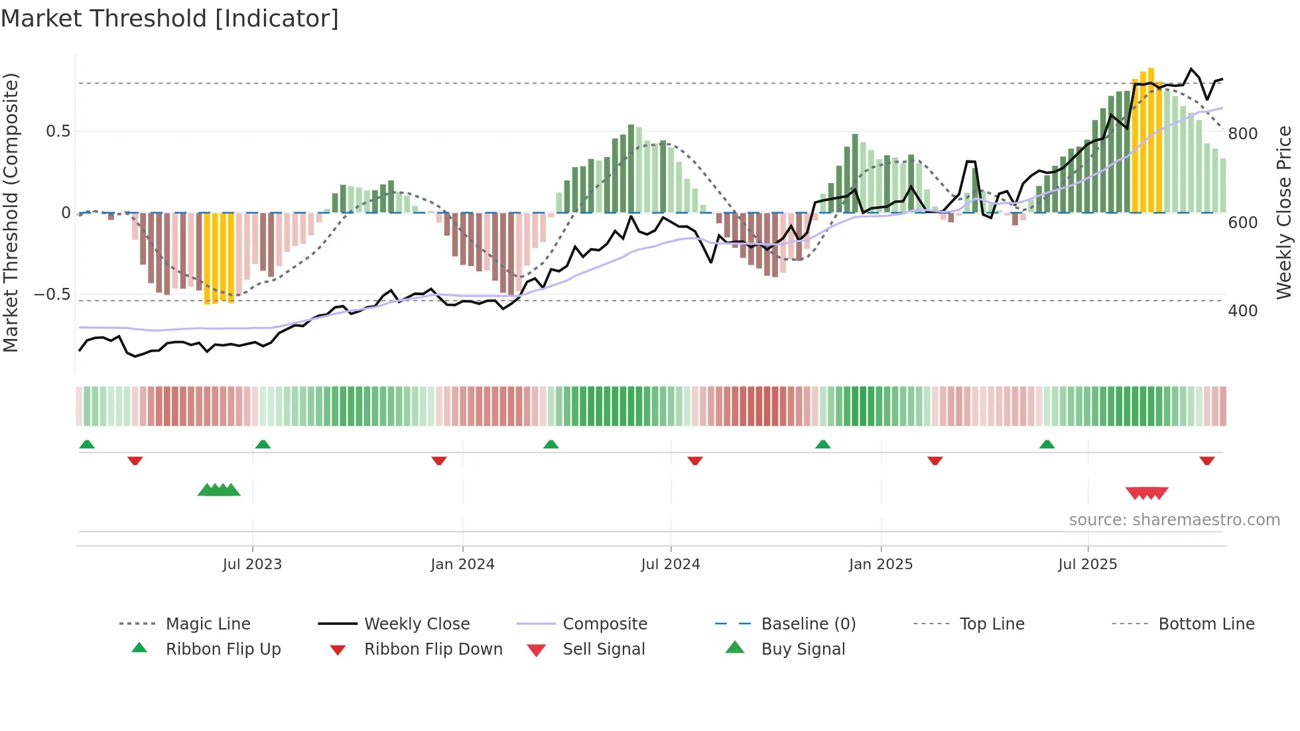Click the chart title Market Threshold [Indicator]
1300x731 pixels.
(170, 19)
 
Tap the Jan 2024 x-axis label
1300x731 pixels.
(462, 565)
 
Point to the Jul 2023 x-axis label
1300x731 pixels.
(252, 565)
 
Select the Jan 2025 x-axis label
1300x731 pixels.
(881, 565)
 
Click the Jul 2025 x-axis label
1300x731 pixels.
(1088, 565)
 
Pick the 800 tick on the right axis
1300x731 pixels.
(1242, 134)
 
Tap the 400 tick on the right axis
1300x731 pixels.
(1242, 311)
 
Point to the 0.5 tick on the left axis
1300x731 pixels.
(58, 131)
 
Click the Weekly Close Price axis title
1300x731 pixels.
(1284, 212)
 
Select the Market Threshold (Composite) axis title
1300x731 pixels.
(11, 212)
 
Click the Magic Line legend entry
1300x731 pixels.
(208, 624)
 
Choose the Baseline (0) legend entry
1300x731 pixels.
(808, 624)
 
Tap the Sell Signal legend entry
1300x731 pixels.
(603, 649)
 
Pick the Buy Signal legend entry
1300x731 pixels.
(803, 649)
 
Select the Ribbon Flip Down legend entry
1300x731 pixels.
(432, 649)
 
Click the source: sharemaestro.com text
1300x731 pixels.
(1174, 520)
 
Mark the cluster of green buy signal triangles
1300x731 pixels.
(219, 490)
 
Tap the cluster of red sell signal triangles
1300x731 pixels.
(1147, 493)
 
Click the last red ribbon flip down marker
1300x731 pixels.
(1206, 460)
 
